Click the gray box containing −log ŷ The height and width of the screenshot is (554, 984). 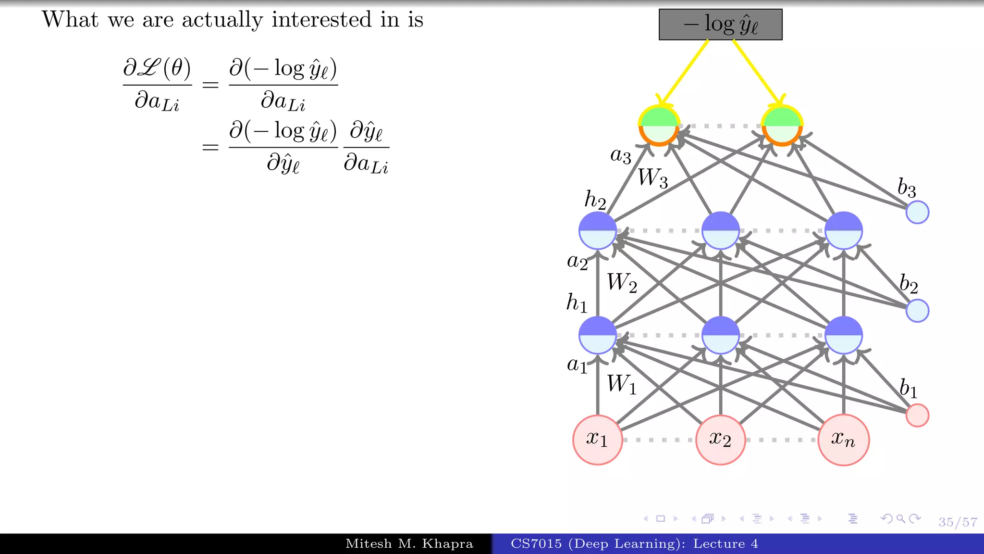pos(720,25)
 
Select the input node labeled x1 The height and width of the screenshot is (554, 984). pos(597,440)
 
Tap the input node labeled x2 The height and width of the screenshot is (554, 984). pos(720,440)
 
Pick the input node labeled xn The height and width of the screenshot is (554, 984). pos(843,440)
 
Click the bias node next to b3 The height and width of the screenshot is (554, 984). pos(917,213)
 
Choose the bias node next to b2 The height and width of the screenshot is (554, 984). pos(917,311)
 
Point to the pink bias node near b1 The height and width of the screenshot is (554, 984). pos(917,415)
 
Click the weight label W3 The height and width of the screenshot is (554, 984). pos(652,178)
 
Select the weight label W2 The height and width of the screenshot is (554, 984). pos(622,283)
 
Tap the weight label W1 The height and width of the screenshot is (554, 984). pos(621,385)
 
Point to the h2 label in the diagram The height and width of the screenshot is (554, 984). pos(595,200)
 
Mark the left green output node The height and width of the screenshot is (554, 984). pos(659,126)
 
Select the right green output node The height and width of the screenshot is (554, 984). pos(782,126)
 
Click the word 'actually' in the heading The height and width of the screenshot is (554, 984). pos(222,20)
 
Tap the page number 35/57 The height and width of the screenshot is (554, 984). pos(958,522)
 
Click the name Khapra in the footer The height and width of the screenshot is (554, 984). pos(447,544)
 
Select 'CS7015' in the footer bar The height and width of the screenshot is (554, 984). pos(536,544)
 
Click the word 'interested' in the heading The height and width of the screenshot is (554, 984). pos(321,20)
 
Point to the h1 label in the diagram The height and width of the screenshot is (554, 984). pos(577,303)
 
